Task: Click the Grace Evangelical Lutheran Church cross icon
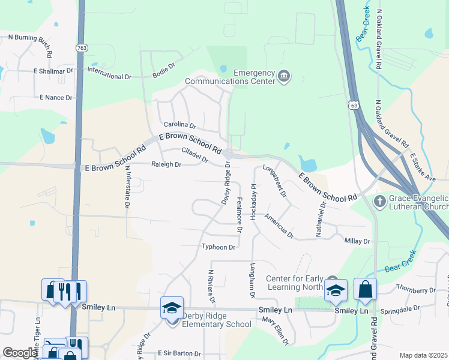379,201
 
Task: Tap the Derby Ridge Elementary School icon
172,308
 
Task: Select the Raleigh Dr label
166,164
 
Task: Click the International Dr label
109,77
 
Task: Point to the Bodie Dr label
163,72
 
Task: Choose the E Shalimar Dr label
53,70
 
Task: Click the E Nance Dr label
56,97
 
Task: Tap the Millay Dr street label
358,241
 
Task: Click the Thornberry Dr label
415,290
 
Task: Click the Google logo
20,353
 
